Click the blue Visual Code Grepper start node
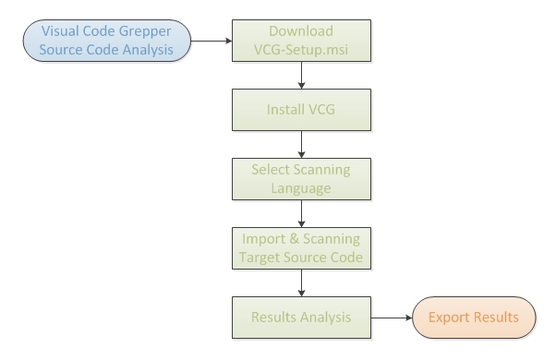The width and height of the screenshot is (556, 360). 105,42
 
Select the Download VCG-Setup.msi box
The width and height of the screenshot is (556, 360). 301,42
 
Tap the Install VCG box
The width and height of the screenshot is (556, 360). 301,111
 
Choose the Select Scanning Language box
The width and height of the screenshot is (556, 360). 301,180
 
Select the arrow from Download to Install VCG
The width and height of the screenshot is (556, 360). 301,77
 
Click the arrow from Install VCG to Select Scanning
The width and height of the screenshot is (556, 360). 301,146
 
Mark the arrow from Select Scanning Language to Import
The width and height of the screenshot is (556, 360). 301,215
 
